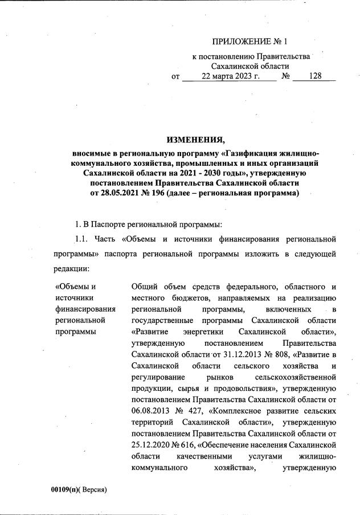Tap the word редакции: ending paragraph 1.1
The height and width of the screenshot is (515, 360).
72,267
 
